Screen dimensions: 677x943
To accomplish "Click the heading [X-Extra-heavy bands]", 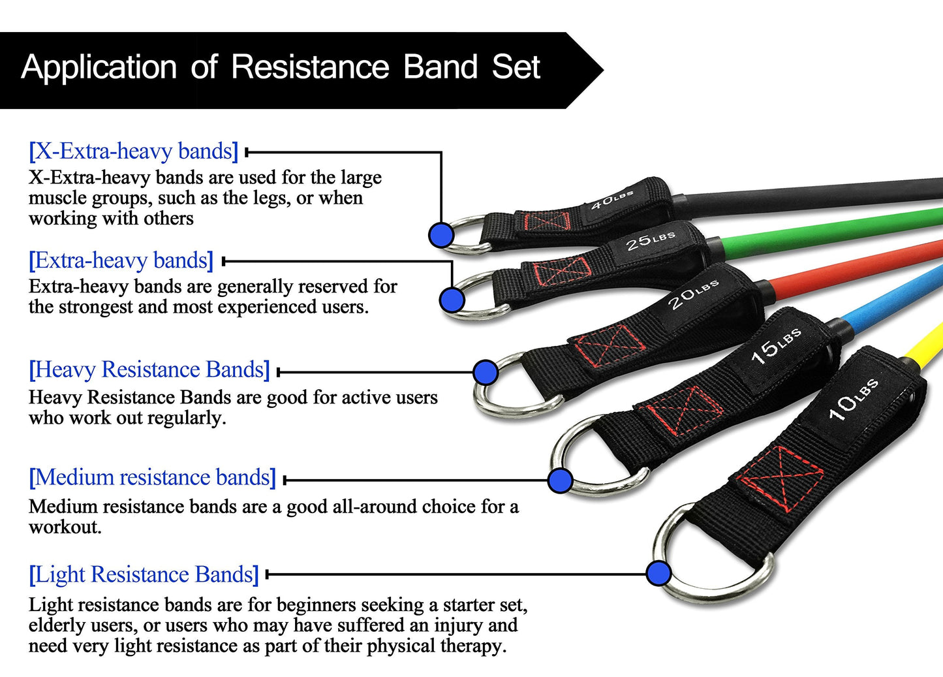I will pos(133,151).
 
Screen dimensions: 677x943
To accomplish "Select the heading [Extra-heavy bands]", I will pos(121,260).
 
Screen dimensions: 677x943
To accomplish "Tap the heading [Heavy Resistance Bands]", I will pos(149,370).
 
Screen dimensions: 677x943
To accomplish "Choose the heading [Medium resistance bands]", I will pos(152,477).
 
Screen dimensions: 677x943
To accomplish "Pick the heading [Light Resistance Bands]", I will pos(144,575).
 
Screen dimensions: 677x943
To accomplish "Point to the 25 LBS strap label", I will pos(650,240).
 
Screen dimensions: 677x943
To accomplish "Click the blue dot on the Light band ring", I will pos(659,573).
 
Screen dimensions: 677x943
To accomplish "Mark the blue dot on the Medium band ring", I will pos(560,480).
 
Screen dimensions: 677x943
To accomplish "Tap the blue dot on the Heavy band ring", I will pos(485,372).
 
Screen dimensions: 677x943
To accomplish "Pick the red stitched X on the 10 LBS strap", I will pos(780,479).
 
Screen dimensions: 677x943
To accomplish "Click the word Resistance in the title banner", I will pos(310,67).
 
